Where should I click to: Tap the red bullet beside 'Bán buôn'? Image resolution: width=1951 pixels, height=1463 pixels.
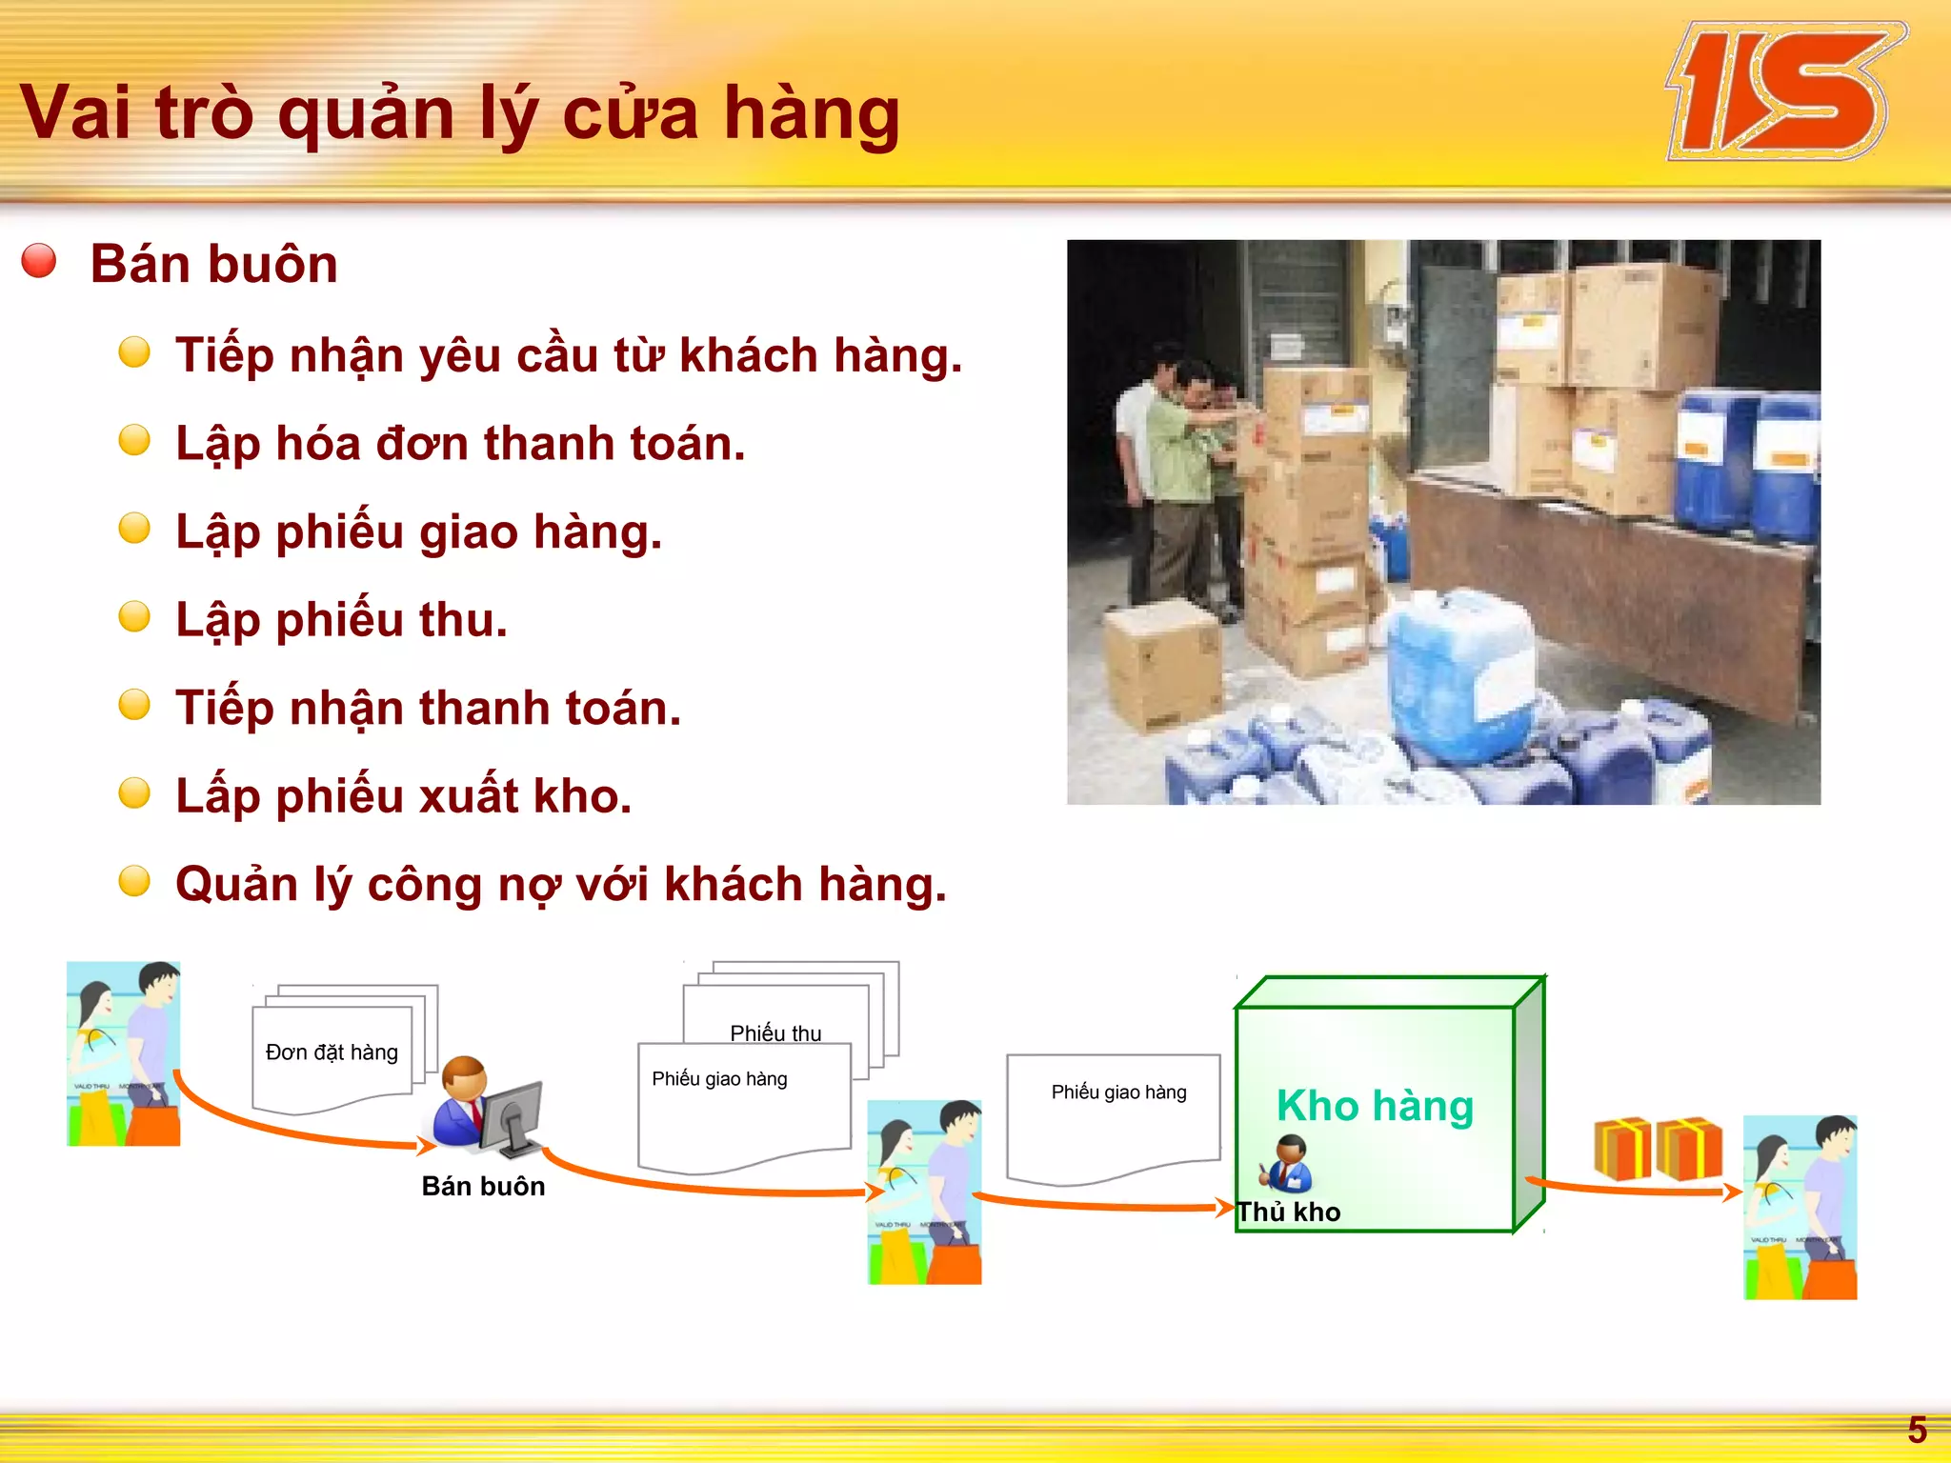[x=39, y=260]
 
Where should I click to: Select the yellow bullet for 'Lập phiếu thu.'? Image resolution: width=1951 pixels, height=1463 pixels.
[x=134, y=616]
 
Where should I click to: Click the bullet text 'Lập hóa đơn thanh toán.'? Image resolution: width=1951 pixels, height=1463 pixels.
[x=460, y=444]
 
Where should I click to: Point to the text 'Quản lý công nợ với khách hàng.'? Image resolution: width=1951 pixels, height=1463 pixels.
[x=561, y=884]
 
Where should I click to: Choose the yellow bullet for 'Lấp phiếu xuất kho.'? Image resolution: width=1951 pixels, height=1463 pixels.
[x=134, y=792]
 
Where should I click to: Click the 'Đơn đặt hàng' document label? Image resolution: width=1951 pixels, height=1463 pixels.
[x=332, y=1052]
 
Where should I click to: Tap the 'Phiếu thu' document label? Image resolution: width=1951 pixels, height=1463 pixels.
[x=775, y=1033]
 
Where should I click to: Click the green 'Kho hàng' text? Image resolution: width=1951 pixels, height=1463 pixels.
[x=1375, y=1106]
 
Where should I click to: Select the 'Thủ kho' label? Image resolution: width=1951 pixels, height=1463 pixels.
[x=1289, y=1212]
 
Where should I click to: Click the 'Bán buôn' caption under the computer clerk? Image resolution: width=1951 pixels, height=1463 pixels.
[x=483, y=1186]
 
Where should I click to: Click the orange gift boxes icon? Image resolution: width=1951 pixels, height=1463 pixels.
[x=1658, y=1148]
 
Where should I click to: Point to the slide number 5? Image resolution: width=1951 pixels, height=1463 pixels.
[x=1917, y=1430]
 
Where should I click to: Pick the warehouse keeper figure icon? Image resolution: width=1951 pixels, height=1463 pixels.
[x=1290, y=1163]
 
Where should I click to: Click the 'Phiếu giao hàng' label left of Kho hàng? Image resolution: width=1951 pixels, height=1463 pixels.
[x=1118, y=1092]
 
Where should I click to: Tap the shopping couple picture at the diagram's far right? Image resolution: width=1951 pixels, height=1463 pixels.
[x=1800, y=1207]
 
